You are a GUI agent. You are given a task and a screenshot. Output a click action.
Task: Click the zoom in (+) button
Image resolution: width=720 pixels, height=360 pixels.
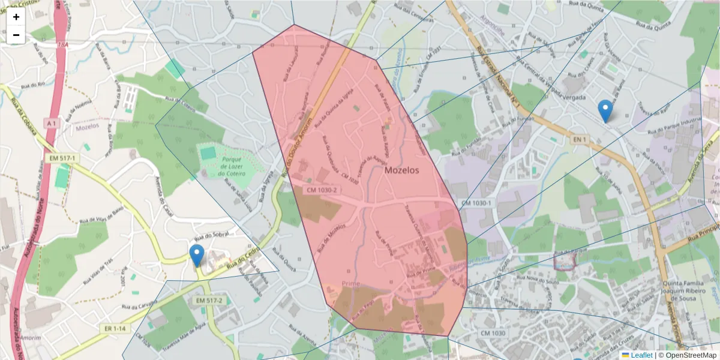[16, 17]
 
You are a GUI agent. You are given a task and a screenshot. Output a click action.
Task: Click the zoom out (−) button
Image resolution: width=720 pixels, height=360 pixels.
[16, 35]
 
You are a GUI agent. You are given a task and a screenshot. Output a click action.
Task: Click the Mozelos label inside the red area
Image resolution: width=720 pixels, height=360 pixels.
[402, 170]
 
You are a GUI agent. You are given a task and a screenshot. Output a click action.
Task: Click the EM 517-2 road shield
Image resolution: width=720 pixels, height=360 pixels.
[209, 300]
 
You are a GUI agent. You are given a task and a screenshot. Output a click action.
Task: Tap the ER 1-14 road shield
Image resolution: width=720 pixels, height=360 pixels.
[114, 328]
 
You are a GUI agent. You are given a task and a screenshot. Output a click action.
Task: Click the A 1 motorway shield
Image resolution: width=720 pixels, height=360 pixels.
[52, 123]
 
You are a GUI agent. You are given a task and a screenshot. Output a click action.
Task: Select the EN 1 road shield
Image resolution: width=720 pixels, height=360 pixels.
[578, 140]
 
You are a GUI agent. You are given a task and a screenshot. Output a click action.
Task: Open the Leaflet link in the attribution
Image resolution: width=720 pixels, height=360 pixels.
[641, 355]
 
